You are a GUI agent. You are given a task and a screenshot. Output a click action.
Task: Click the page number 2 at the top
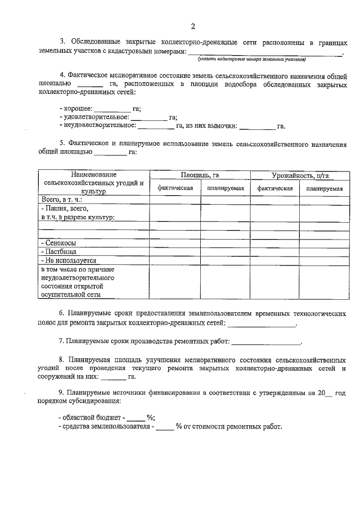(192, 26)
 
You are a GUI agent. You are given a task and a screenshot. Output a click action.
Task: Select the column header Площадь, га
(200, 175)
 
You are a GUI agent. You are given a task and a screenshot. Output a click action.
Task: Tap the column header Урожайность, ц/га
(300, 175)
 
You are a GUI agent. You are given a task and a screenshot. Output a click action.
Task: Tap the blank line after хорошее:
(112, 109)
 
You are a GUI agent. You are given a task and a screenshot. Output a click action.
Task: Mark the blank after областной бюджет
(136, 418)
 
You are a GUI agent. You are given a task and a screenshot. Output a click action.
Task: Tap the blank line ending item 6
(260, 323)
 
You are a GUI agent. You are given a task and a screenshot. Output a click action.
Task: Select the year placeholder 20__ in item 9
(325, 394)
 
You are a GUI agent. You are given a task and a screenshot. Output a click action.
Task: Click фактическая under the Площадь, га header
(175, 188)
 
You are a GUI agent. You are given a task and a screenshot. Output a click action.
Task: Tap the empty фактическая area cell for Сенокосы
(175, 242)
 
